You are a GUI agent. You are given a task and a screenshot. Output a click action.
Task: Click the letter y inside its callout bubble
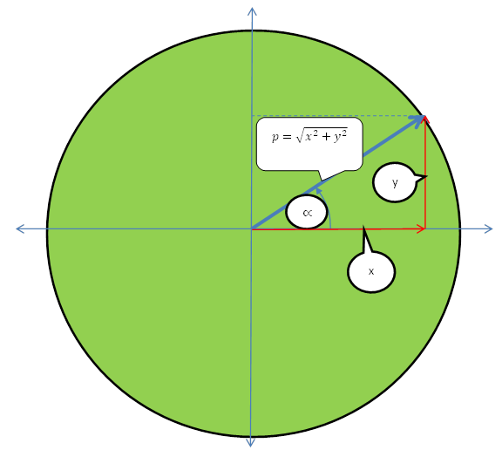click(x=395, y=183)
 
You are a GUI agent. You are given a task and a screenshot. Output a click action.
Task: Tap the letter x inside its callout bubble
click(x=371, y=271)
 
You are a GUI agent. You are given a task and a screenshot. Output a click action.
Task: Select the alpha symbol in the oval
click(x=307, y=213)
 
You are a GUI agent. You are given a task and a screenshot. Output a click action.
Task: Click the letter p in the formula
click(x=275, y=138)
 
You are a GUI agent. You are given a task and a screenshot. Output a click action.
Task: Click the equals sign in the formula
click(x=288, y=137)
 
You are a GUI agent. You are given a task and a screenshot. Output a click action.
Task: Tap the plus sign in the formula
click(x=326, y=137)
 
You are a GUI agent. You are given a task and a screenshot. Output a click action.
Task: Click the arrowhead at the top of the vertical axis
click(x=252, y=11)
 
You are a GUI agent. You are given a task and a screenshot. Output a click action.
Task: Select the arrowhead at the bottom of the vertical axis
click(x=251, y=442)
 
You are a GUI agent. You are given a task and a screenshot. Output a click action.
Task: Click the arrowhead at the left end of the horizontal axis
click(x=20, y=228)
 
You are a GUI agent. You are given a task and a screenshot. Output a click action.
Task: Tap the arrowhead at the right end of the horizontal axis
click(x=488, y=228)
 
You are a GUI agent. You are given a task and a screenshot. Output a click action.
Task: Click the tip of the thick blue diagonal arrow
click(x=424, y=116)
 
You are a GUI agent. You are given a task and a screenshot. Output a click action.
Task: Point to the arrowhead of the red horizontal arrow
click(x=421, y=228)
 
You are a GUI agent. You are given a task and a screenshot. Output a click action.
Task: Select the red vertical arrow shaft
click(x=424, y=173)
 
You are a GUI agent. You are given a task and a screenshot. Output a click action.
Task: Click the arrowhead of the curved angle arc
click(x=318, y=191)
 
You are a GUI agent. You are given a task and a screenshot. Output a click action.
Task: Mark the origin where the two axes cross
click(x=251, y=228)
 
